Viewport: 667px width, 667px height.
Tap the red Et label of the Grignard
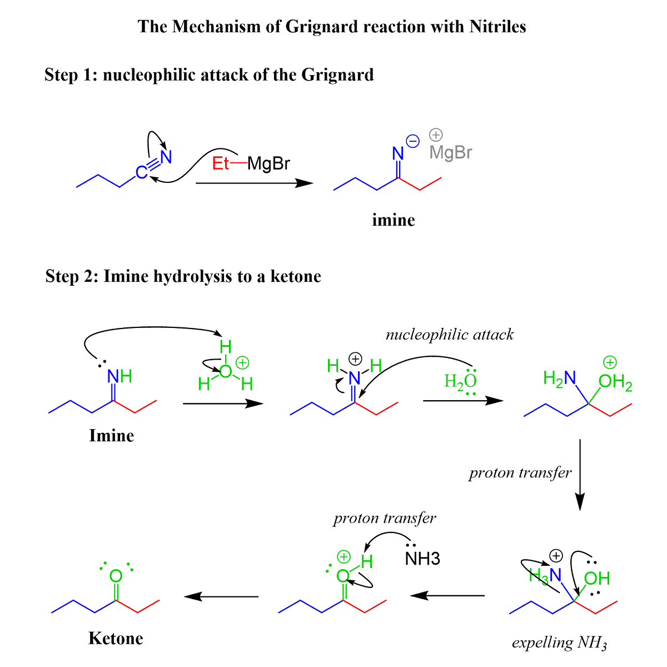point(221,163)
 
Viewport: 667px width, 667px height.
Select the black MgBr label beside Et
point(268,163)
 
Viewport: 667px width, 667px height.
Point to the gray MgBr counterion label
point(451,152)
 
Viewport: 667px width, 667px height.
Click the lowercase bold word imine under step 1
point(394,220)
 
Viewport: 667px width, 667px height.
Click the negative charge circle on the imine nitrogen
point(412,141)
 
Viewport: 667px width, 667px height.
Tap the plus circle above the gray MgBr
point(436,134)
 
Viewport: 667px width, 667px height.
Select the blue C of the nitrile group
point(142,173)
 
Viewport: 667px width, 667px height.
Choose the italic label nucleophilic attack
point(450,335)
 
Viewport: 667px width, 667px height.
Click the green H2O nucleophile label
point(461,381)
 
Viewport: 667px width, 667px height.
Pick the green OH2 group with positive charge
point(615,382)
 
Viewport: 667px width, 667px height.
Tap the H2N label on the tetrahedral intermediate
point(559,379)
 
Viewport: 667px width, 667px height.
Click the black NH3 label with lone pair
point(422,558)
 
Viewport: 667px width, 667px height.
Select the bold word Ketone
point(116,638)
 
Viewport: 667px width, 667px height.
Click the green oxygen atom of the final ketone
point(116,576)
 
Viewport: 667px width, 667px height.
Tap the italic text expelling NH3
point(559,643)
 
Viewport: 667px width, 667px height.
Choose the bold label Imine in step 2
point(111,435)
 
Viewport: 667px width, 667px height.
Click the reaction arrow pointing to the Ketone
point(221,596)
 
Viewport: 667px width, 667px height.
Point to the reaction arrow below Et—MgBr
point(255,183)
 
